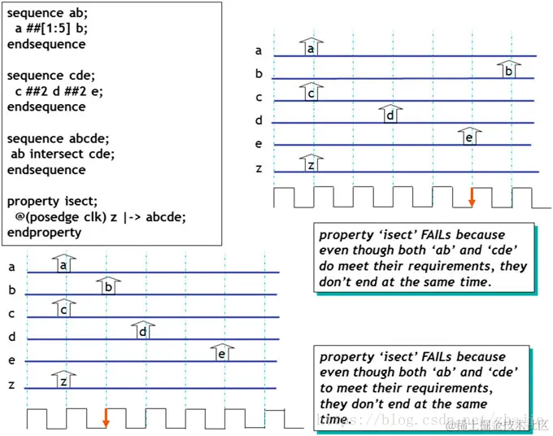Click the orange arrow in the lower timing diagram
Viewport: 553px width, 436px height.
106,416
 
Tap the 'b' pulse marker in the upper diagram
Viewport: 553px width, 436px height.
508,70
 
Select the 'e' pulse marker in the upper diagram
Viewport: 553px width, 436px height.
468,137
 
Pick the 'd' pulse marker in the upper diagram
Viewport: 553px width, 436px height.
390,114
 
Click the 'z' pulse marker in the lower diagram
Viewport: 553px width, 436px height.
63,380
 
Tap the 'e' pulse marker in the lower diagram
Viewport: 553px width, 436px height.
221,353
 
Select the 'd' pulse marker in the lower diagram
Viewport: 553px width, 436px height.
142,330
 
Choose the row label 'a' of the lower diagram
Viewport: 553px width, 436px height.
11,266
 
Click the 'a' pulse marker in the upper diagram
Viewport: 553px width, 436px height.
310,48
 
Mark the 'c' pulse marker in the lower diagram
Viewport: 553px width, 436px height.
63,309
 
